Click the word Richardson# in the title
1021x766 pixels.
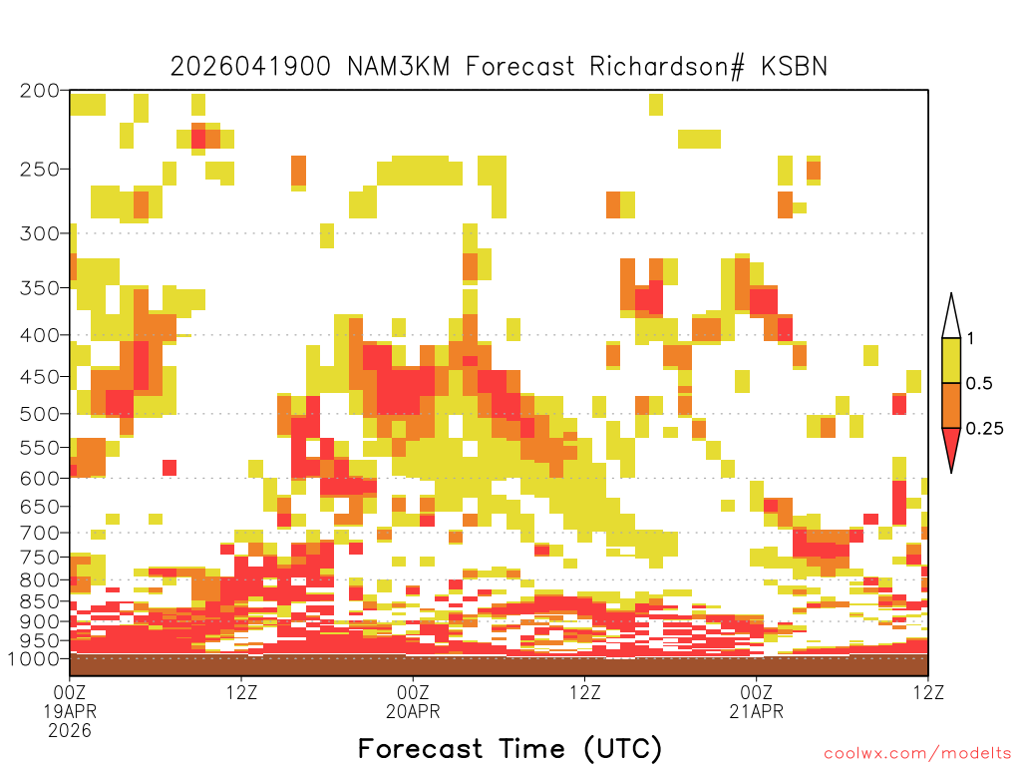coord(666,67)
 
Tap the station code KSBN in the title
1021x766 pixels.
coord(795,67)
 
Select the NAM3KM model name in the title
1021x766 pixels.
coord(399,67)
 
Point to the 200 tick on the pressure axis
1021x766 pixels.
coord(40,91)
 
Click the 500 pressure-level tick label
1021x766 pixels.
coord(40,414)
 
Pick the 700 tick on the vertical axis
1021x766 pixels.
coord(40,533)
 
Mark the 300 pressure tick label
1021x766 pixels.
coord(40,233)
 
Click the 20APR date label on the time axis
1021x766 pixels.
coord(413,711)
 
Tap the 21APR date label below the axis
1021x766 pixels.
coord(756,711)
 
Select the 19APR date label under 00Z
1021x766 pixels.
coord(70,711)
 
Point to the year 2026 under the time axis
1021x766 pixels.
coord(70,731)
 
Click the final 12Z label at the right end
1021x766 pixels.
coord(928,692)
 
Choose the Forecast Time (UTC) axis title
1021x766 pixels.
coord(510,748)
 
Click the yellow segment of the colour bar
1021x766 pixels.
coord(951,360)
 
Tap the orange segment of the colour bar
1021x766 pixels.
coord(951,406)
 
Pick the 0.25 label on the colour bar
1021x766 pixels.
coord(984,429)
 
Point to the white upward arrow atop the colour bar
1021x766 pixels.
coord(951,316)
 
